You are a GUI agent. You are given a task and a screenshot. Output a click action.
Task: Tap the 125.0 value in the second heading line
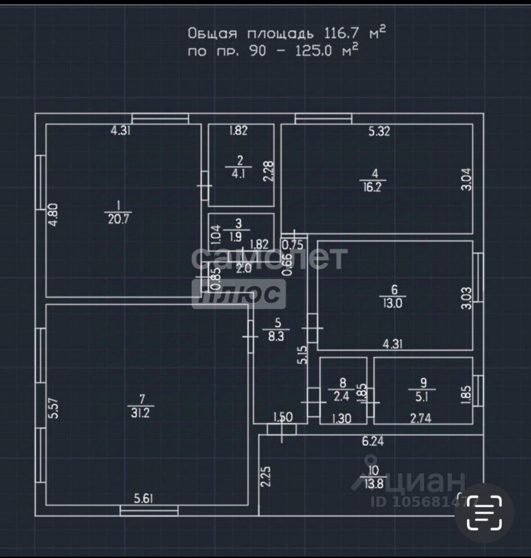pyautogui.click(x=314, y=51)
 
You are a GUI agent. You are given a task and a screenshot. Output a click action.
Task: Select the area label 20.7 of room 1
pyautogui.click(x=118, y=219)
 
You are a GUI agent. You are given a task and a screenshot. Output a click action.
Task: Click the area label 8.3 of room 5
pyautogui.click(x=277, y=335)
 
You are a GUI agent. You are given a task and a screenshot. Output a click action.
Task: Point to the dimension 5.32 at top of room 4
pyautogui.click(x=379, y=131)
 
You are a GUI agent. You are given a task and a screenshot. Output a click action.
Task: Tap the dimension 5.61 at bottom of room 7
pyautogui.click(x=145, y=498)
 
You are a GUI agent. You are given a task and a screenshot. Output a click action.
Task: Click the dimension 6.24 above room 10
pyautogui.click(x=373, y=442)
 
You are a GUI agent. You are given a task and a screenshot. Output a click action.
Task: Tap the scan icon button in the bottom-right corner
pyautogui.click(x=485, y=513)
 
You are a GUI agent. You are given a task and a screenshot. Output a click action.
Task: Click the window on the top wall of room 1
pyautogui.click(x=160, y=119)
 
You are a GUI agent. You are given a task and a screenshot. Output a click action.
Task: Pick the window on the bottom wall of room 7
pyautogui.click(x=149, y=510)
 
